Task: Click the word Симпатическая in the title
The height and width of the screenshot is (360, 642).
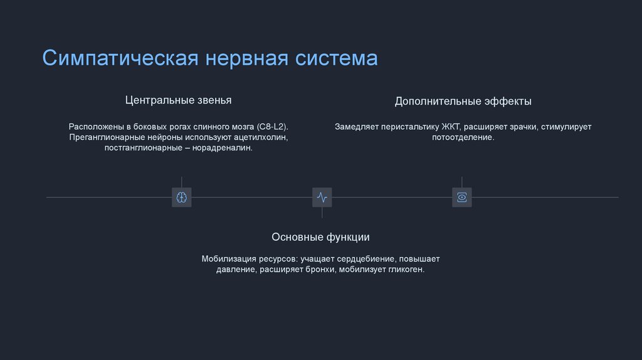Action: pos(120,58)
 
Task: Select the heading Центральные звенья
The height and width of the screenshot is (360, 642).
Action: pos(178,100)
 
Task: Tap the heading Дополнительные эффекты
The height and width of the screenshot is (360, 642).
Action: pos(463,101)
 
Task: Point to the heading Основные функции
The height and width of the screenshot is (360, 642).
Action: pos(320,237)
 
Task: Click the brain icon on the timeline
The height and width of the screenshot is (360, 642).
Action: pos(182,198)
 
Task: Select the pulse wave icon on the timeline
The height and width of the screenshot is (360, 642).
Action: pos(322,198)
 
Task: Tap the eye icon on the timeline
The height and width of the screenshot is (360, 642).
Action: pos(462,198)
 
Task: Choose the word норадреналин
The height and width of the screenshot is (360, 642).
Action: pos(222,147)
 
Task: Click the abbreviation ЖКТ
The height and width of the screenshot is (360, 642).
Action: pos(452,126)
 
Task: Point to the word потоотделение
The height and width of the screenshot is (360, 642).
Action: pos(463,137)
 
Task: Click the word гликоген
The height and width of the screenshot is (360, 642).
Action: pos(406,269)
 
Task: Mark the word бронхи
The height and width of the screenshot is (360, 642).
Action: pos(319,269)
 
